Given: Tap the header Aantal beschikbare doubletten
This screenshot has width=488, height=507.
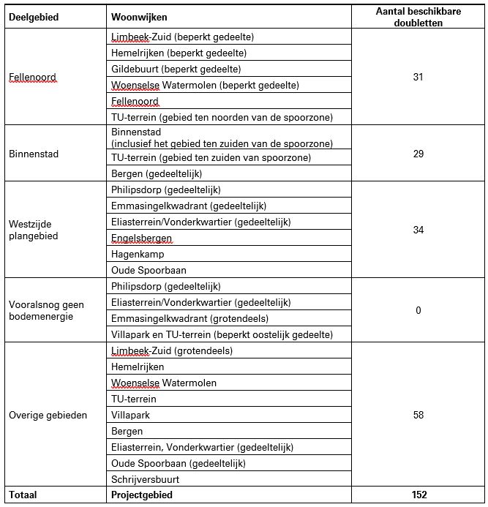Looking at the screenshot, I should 418,17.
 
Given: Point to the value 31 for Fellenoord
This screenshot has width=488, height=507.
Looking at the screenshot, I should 418,77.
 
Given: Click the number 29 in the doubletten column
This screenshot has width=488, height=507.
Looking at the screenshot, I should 418,154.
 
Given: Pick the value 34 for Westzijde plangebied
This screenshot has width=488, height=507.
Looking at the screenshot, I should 418,230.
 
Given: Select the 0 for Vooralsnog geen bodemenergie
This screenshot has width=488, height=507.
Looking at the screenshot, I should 418,310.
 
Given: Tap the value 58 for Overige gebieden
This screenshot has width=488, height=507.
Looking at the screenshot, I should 418,415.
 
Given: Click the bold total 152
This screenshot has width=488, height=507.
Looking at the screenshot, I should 418,495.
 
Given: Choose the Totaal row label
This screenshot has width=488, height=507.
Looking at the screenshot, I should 23,495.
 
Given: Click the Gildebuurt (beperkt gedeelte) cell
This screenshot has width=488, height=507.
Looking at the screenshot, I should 176,69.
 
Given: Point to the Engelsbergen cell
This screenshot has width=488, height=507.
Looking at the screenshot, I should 141,238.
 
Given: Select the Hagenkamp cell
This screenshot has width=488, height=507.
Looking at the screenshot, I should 138,254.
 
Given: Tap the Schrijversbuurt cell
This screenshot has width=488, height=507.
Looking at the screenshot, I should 145,479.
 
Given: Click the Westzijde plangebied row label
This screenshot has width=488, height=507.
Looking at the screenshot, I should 33,230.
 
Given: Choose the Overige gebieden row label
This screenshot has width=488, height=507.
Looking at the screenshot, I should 48,415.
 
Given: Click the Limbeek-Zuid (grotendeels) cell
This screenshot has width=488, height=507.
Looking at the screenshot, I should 172,350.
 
